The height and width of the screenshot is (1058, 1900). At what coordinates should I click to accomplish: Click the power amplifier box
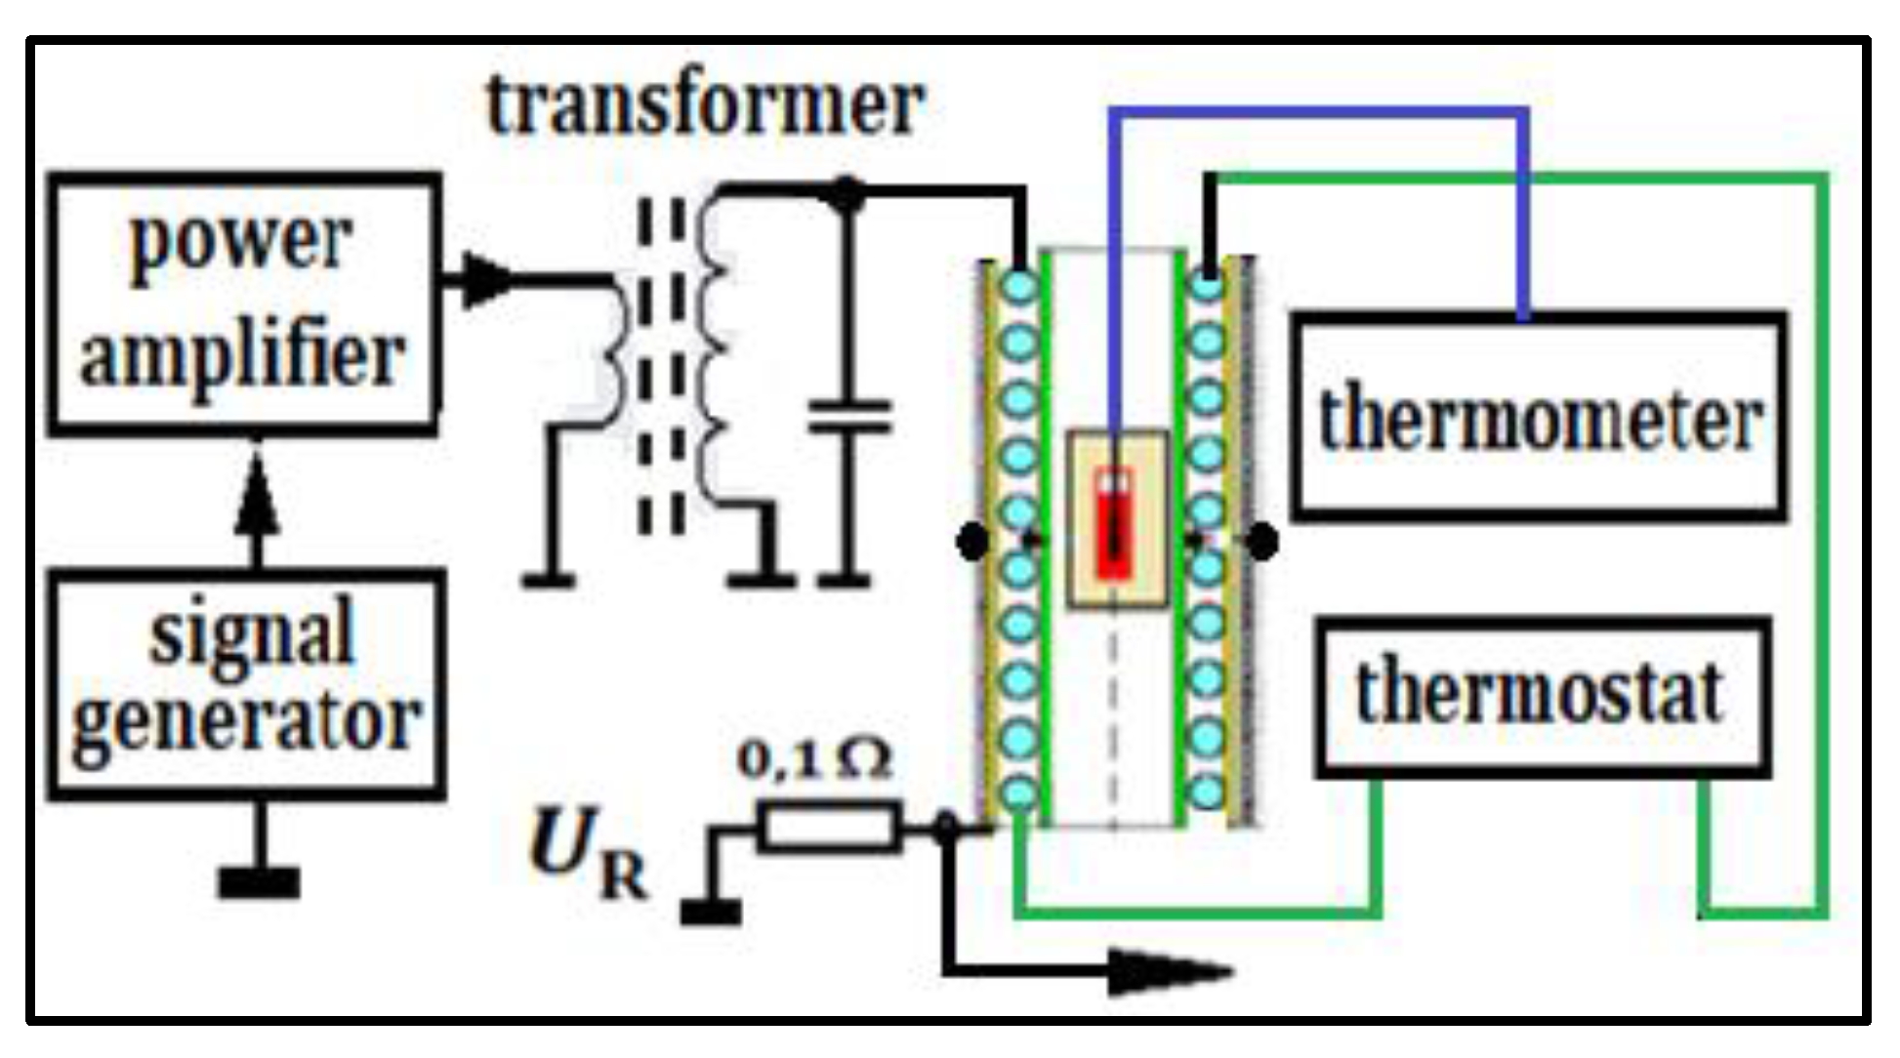point(243,303)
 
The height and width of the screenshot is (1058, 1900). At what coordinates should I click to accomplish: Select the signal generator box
point(247,683)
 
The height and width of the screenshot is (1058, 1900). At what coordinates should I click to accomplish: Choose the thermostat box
point(1543,696)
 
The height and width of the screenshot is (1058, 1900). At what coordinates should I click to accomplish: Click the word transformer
point(705,105)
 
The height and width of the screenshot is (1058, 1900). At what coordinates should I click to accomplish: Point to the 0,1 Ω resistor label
point(814,759)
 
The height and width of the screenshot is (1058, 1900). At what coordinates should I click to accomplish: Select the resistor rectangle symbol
point(829,829)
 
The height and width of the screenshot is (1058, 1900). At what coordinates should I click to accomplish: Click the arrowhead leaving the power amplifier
point(484,280)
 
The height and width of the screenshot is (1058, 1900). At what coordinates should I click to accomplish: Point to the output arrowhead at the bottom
point(1172,973)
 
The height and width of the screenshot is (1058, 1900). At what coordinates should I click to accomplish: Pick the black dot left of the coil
point(972,541)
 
